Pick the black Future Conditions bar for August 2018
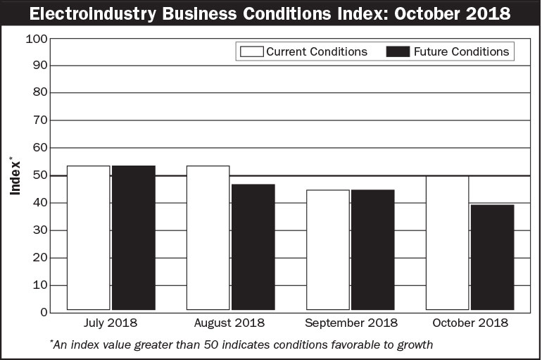253,247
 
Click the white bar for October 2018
447,243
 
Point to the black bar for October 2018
492,257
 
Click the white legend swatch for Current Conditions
251,51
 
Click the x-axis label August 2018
230,323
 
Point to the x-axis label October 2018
469,323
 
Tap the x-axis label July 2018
111,323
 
